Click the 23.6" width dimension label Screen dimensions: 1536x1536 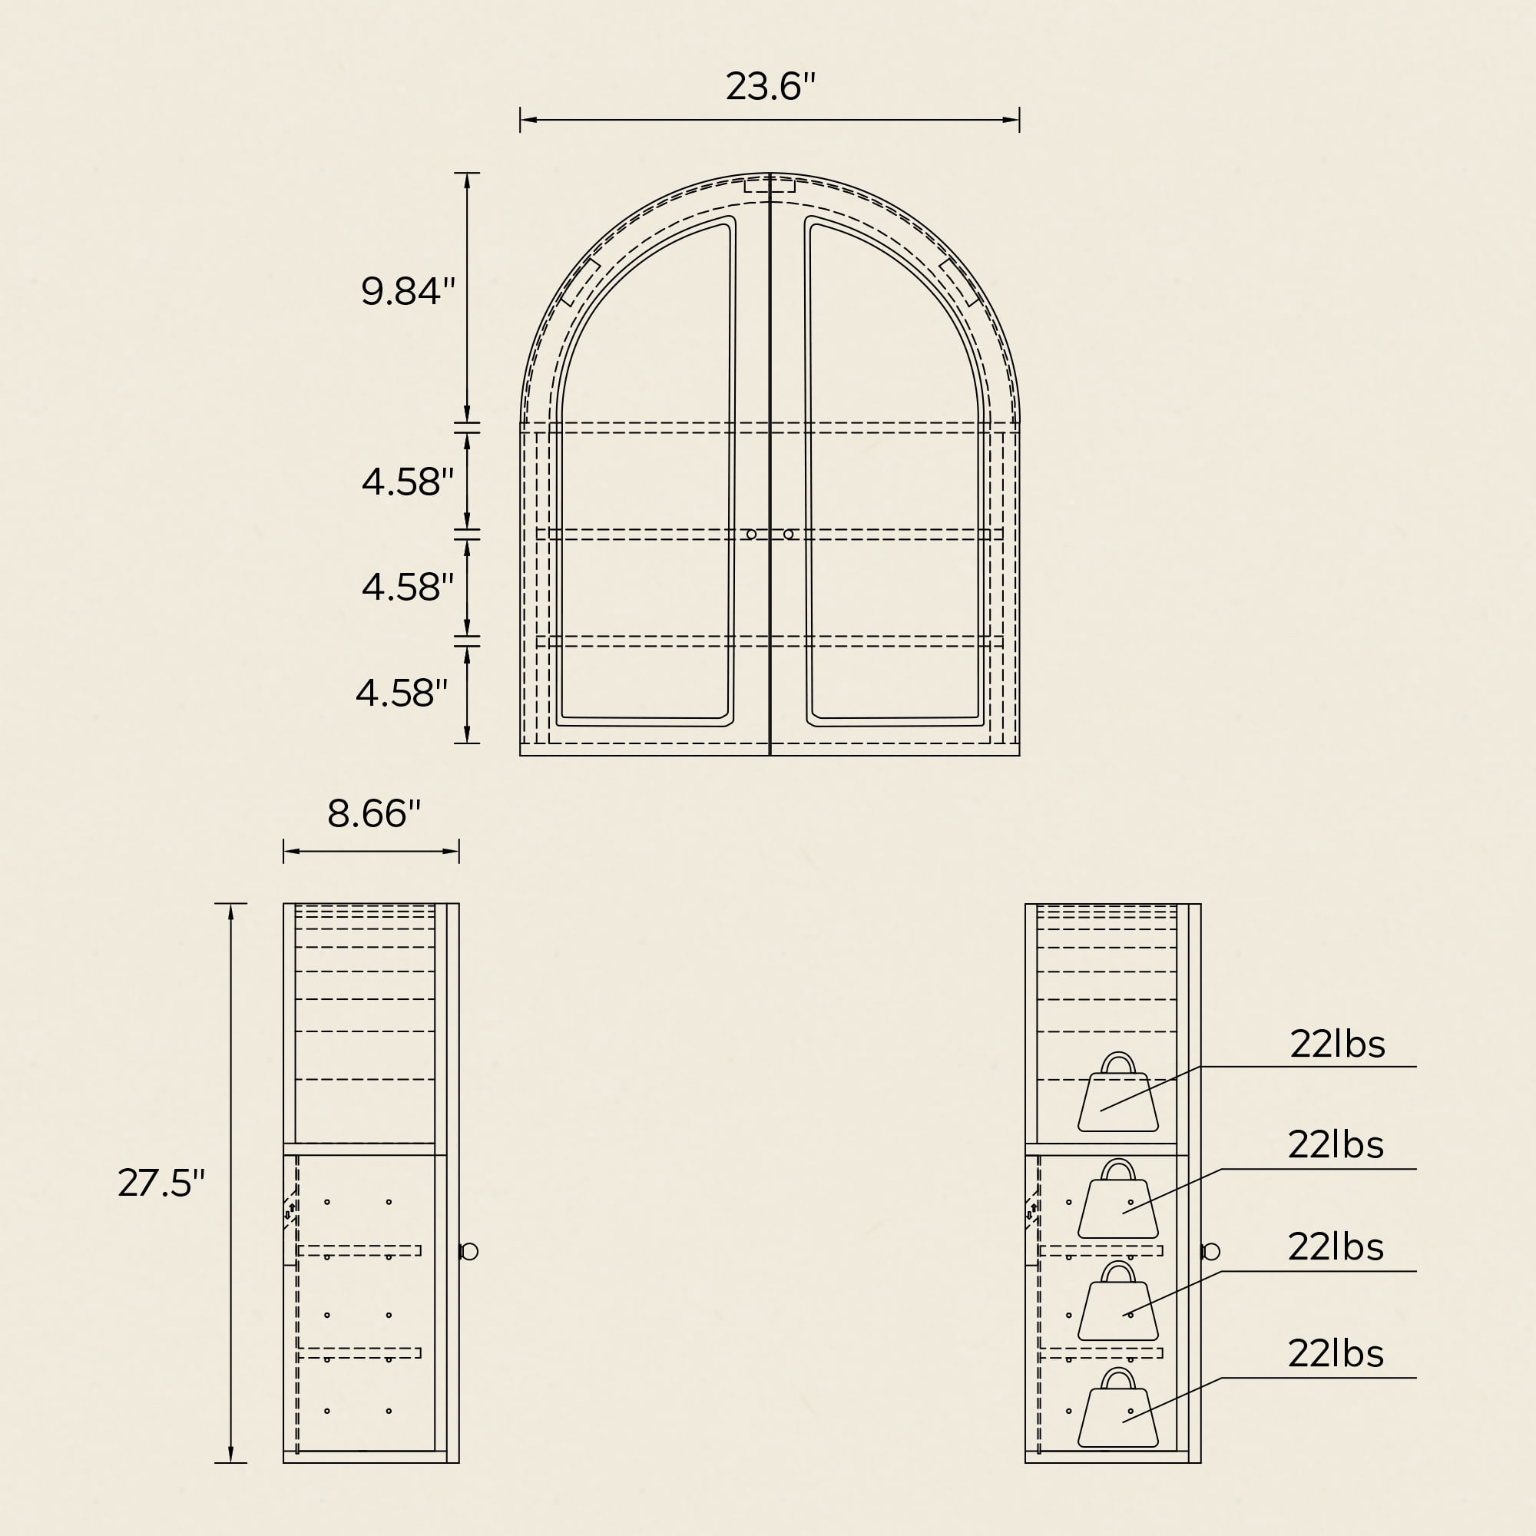pyautogui.click(x=770, y=87)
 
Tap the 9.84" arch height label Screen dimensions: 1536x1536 pyautogui.click(x=408, y=291)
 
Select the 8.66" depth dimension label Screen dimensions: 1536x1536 pyautogui.click(x=374, y=813)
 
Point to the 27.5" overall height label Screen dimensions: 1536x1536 pyautogui.click(x=161, y=1183)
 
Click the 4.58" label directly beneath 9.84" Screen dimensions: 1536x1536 pyautogui.click(x=408, y=482)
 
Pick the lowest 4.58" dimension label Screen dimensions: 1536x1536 pyautogui.click(x=402, y=693)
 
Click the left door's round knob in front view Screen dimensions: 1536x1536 pyautogui.click(x=751, y=535)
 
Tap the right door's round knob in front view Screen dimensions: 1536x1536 pyautogui.click(x=789, y=535)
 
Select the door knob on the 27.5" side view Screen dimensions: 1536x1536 pyautogui.click(x=469, y=1251)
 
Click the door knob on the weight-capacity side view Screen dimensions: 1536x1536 pyautogui.click(x=1211, y=1252)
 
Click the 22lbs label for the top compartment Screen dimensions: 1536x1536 pyautogui.click(x=1337, y=1044)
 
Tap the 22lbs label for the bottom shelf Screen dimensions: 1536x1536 pyautogui.click(x=1336, y=1354)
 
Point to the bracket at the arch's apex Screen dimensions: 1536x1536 pyautogui.click(x=770, y=186)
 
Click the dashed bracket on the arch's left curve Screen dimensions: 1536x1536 pyautogui.click(x=580, y=282)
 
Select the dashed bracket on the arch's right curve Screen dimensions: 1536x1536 pyautogui.click(x=959, y=282)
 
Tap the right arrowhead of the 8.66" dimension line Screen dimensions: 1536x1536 pyautogui.click(x=451, y=852)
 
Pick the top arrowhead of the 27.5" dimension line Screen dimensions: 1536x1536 pyautogui.click(x=230, y=912)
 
